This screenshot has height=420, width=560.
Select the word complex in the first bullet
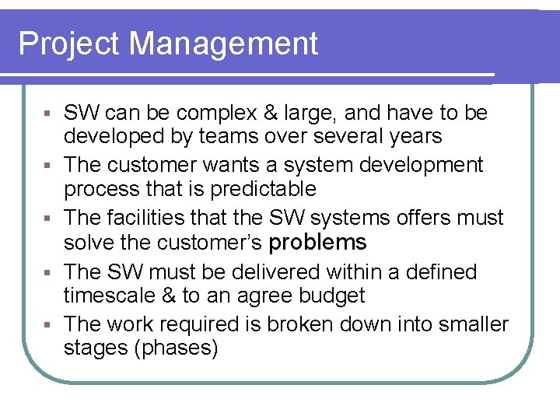pos(219,114)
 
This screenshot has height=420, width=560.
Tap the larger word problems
pos(317,242)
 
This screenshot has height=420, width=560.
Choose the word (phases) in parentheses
pos(177,348)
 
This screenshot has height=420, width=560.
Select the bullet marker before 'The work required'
pos(48,324)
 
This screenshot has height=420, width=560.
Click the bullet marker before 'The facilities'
pos(48,219)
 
